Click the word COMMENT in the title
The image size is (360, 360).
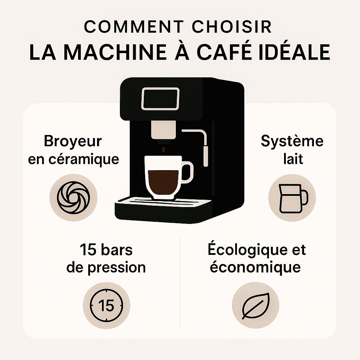click(134, 27)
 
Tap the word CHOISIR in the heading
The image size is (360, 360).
click(232, 27)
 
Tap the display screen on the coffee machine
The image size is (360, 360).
click(160, 98)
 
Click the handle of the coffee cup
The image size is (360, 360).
click(187, 172)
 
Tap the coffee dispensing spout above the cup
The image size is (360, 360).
click(163, 133)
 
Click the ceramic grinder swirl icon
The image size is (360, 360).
click(73, 198)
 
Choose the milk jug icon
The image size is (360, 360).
click(293, 199)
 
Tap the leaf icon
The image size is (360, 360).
click(256, 306)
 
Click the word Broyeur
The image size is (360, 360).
click(73, 142)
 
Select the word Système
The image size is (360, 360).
click(292, 141)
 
